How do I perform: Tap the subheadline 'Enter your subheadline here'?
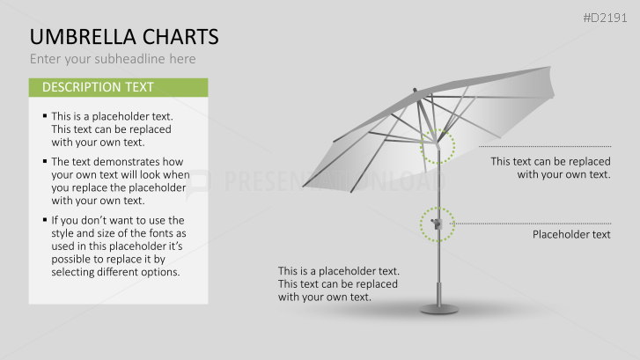click(x=113, y=59)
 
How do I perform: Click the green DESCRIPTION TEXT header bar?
click(x=118, y=87)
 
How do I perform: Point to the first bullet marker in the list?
click(x=45, y=116)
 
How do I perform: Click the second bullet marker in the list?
click(x=45, y=162)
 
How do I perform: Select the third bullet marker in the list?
click(x=45, y=220)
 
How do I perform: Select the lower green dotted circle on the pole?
click(x=437, y=224)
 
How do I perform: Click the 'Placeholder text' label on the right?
click(x=571, y=235)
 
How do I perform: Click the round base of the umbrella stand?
click(x=438, y=309)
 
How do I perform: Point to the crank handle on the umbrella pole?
click(x=435, y=225)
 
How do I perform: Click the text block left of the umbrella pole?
click(x=339, y=284)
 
